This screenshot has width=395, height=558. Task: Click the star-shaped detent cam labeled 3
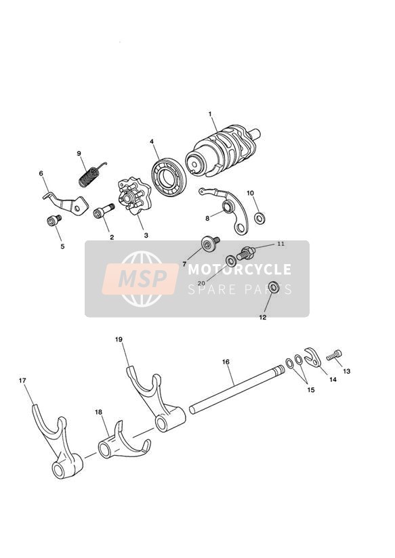coord(135,196)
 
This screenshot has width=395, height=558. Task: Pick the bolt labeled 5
coord(54,220)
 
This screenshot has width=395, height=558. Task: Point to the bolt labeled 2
coord(103,211)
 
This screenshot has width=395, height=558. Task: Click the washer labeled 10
coord(259,218)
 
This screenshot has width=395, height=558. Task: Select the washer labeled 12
coord(274,288)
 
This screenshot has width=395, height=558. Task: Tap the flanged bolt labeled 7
coord(211,243)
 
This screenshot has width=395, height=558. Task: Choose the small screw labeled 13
coord(334,355)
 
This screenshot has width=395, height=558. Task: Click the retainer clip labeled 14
coord(313,357)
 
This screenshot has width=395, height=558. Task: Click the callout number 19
coord(119,339)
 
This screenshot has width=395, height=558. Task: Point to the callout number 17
coord(22,381)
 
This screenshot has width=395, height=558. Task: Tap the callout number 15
coord(311,389)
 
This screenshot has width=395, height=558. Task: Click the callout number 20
coord(201,283)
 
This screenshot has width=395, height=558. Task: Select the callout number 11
coord(281,244)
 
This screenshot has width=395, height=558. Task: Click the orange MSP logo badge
coord(140,278)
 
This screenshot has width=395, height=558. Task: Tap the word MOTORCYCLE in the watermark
coord(239,270)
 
